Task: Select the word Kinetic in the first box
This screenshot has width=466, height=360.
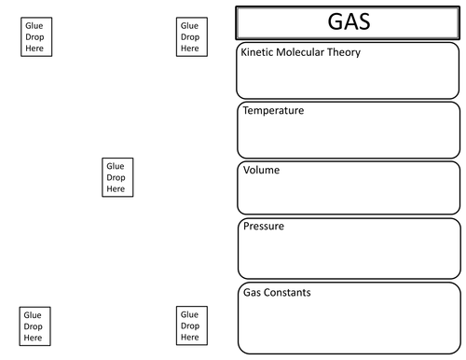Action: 258,52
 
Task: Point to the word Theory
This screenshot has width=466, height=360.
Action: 346,52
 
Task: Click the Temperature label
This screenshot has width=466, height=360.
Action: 273,111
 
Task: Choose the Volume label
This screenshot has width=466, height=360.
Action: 261,171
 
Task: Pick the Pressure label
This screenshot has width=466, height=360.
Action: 264,227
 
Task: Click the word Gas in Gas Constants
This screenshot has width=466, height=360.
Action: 253,293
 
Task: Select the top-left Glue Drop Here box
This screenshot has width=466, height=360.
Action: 34,37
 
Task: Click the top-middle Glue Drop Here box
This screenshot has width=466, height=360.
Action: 189,37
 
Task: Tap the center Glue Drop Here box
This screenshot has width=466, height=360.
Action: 116,177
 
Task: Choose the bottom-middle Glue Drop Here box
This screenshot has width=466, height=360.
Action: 189,326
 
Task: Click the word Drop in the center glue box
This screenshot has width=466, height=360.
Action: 116,177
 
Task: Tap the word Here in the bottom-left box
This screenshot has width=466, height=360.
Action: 33,337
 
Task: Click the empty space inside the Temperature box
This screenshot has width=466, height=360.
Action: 349,138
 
